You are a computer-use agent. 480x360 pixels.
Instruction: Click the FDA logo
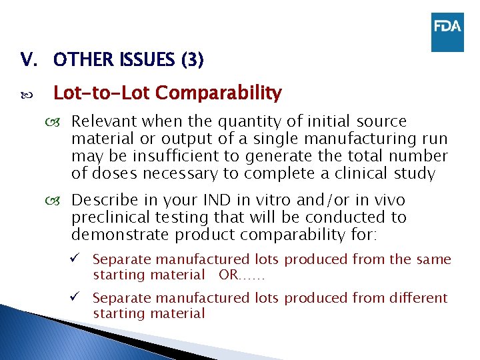447,31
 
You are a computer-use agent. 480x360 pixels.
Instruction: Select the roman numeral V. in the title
29,61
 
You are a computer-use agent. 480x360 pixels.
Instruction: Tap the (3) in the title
191,61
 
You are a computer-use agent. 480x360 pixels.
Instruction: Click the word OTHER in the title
79,61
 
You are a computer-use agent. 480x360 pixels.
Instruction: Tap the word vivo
385,200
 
